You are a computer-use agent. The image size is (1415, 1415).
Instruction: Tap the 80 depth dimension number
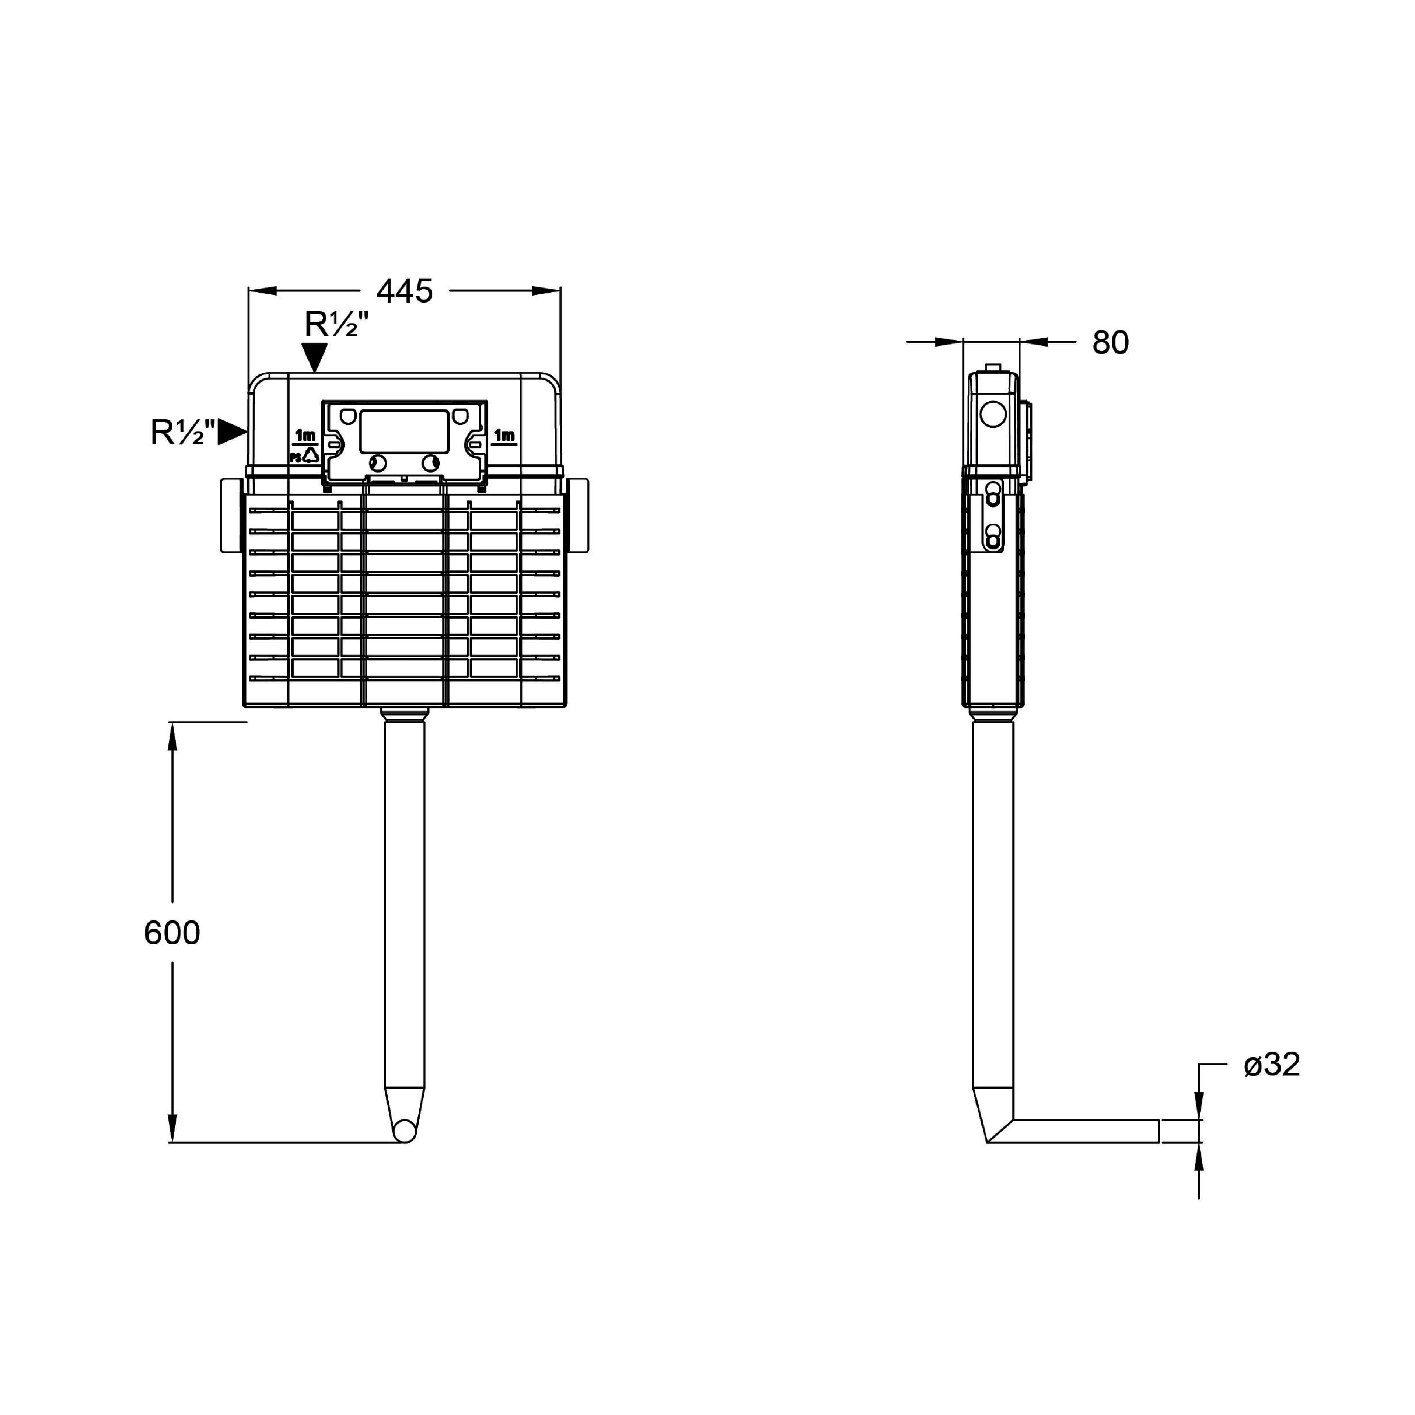[1110, 343]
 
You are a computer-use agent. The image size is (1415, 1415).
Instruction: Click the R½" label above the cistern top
[336, 324]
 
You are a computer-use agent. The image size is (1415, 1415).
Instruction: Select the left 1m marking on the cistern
[305, 437]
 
